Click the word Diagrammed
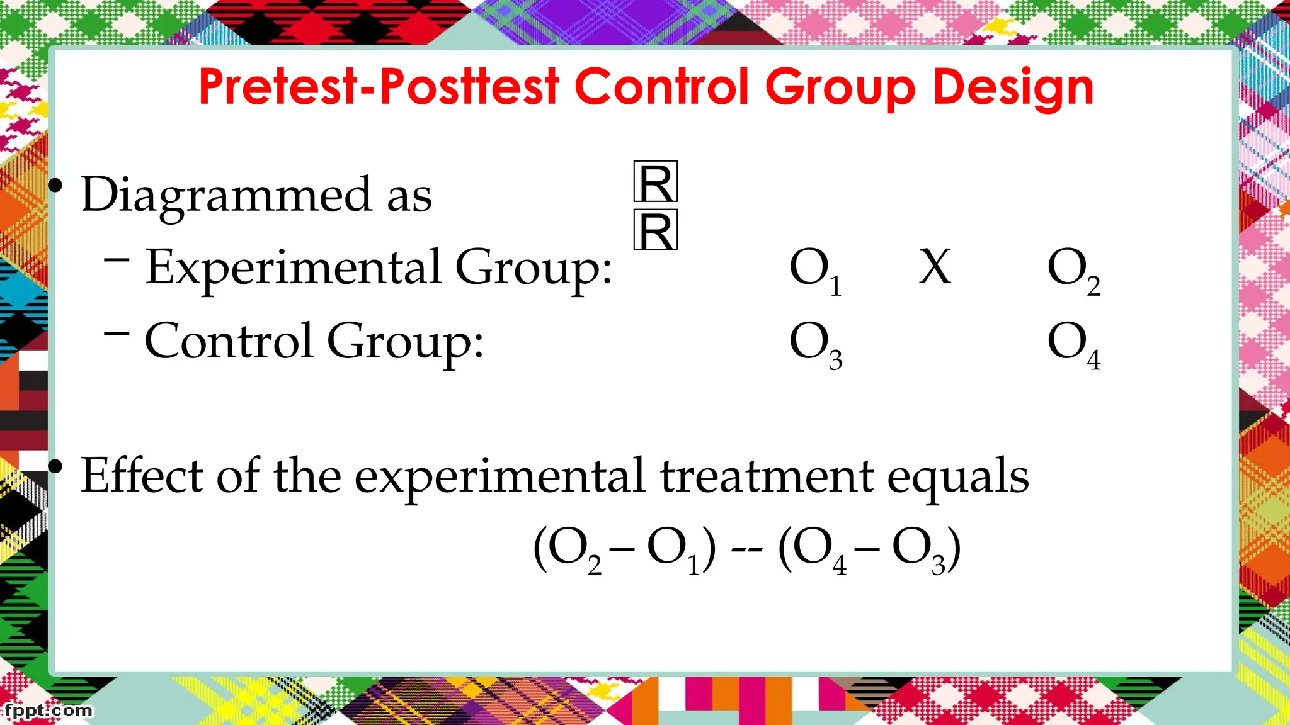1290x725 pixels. (x=227, y=195)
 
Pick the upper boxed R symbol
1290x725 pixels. (x=656, y=182)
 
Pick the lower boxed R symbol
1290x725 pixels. (x=656, y=230)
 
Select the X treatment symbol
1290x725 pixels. (x=935, y=267)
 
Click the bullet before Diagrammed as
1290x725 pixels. (x=56, y=186)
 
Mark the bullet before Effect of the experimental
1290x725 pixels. (x=56, y=466)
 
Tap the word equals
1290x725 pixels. (x=958, y=477)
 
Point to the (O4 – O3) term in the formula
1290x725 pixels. (x=869, y=550)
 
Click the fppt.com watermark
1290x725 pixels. (x=48, y=711)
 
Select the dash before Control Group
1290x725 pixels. (x=117, y=333)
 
